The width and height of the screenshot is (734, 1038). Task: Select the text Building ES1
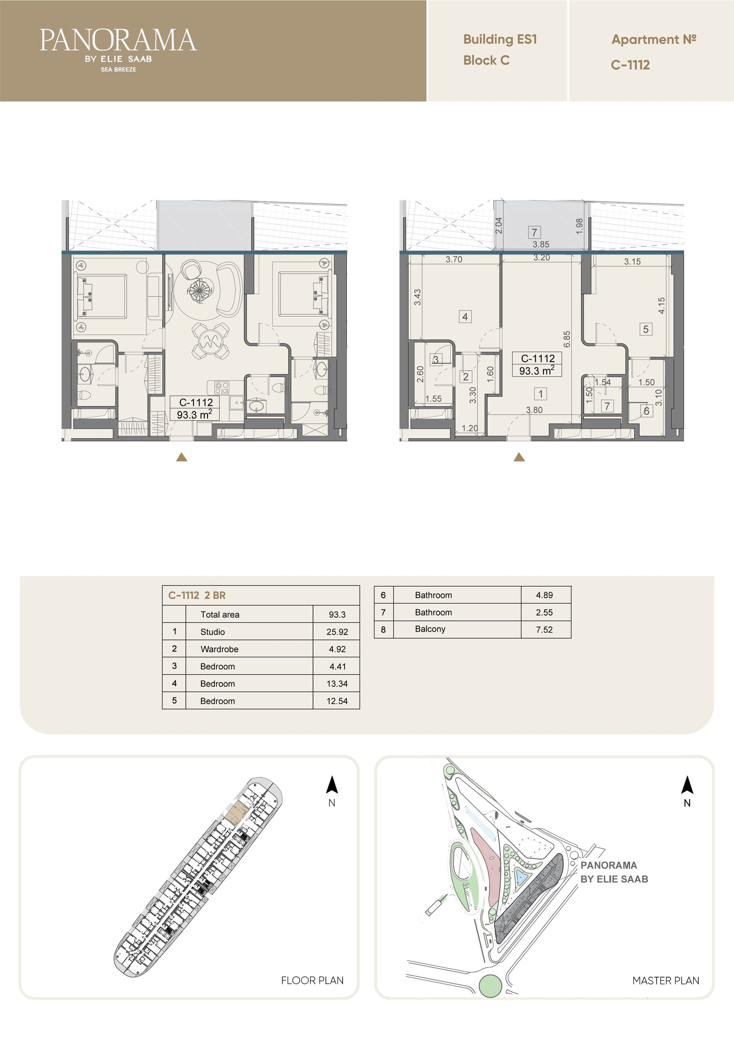coord(500,40)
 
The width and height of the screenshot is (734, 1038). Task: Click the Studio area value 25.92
coord(337,632)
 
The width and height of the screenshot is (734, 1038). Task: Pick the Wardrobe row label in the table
coord(219,649)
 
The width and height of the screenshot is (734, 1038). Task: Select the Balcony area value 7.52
coord(544,629)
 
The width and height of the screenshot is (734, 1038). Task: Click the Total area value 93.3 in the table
coord(337,614)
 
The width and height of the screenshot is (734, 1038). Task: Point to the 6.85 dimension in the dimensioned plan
coord(567,339)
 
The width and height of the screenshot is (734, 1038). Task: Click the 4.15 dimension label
coord(661,306)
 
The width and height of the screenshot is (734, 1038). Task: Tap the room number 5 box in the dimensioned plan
coord(646,329)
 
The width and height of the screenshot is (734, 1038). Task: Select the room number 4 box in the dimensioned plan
coord(465,316)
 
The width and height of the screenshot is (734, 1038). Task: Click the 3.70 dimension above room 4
coord(454,259)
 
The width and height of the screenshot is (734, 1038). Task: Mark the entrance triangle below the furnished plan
coord(182,457)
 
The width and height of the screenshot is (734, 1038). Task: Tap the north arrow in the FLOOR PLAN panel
coord(332,785)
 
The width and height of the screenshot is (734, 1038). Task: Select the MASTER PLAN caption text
coord(665,980)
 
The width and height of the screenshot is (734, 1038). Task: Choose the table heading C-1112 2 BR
coord(197,595)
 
